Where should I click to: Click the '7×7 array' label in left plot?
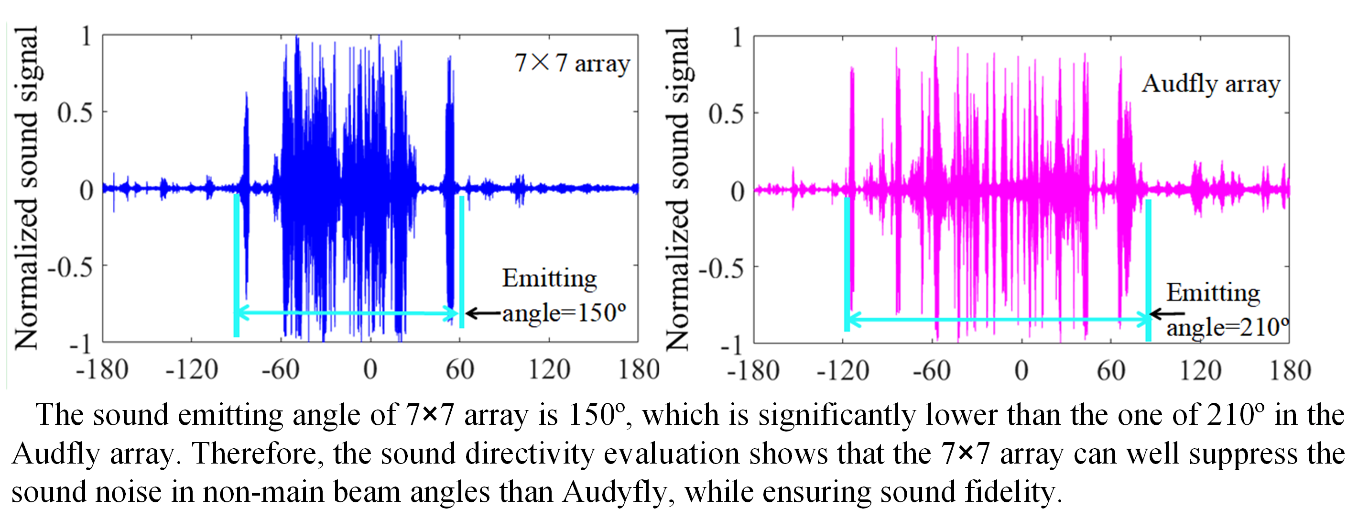coord(572,63)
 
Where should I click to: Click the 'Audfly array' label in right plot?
coord(1211,84)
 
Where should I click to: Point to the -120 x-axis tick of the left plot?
coord(192,369)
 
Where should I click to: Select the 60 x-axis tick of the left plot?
coord(460,369)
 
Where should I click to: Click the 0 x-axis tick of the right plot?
coord(1021,370)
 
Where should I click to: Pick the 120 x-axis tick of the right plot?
coord(1200,370)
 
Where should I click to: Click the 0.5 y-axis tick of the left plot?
coord(75,113)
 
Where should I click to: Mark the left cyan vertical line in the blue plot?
coord(237,264)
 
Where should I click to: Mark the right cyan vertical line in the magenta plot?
coord(1148,269)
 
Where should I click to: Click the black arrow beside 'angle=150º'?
coord(482,313)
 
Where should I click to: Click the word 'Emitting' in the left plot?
coord(549,278)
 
